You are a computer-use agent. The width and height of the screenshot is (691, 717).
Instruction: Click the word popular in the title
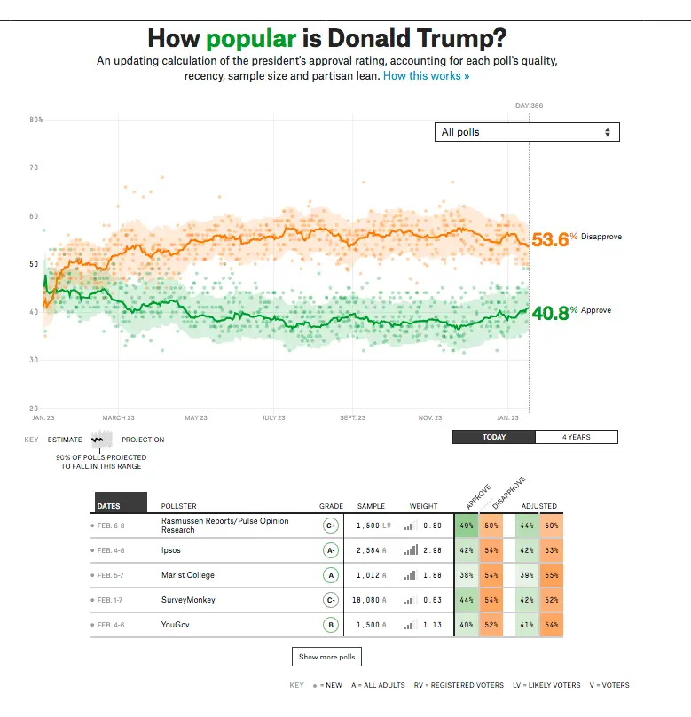251,39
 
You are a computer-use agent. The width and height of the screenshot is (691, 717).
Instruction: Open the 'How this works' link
426,76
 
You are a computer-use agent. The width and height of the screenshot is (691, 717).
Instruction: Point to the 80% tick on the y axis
36,120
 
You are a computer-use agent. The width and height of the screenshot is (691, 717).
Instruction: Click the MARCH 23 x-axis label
118,417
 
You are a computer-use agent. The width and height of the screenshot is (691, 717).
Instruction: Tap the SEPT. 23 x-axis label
352,417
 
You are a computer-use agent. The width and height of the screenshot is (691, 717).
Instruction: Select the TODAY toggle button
494,437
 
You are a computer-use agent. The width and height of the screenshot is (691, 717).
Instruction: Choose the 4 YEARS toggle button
577,437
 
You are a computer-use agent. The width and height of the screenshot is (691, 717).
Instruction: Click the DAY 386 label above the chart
529,106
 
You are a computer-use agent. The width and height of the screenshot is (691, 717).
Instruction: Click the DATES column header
108,506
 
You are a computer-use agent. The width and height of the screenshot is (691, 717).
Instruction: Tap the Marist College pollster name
187,575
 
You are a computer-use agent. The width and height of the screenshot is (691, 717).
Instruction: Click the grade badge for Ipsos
331,550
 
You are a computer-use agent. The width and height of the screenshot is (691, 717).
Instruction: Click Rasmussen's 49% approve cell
466,526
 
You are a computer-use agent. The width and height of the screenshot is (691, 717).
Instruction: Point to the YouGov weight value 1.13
432,625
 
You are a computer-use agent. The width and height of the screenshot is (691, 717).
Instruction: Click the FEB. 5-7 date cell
112,575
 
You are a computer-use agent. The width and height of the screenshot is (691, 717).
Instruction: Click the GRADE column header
331,506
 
